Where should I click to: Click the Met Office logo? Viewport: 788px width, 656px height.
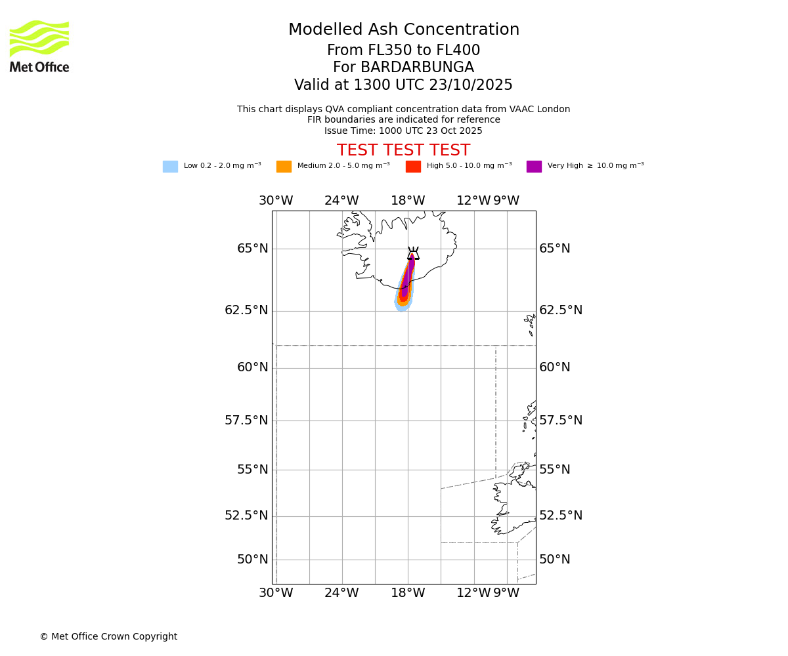(x=39, y=46)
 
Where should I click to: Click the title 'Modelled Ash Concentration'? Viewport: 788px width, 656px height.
(x=403, y=30)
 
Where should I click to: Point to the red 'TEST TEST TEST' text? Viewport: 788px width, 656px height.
(x=403, y=150)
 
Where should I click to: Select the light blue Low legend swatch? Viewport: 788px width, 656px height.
(x=170, y=167)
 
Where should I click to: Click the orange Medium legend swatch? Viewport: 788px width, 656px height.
(x=284, y=167)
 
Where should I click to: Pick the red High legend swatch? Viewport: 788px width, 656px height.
(x=413, y=167)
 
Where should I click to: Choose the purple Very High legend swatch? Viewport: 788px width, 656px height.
(x=534, y=167)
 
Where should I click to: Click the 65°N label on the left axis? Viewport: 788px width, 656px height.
(x=253, y=249)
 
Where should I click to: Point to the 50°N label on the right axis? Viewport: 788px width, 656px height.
(x=555, y=560)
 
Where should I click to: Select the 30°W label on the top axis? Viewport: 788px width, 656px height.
(x=276, y=201)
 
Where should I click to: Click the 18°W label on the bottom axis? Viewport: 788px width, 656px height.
(x=408, y=593)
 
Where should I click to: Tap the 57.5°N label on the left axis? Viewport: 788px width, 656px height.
(x=246, y=420)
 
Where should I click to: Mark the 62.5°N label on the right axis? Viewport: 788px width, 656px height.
(x=561, y=310)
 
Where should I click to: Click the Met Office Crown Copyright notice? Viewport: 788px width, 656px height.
(x=108, y=637)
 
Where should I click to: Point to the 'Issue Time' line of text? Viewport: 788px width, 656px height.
(x=403, y=131)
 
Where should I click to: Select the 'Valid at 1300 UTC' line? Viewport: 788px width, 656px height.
(x=403, y=85)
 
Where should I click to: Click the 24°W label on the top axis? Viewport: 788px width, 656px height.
(x=341, y=201)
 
